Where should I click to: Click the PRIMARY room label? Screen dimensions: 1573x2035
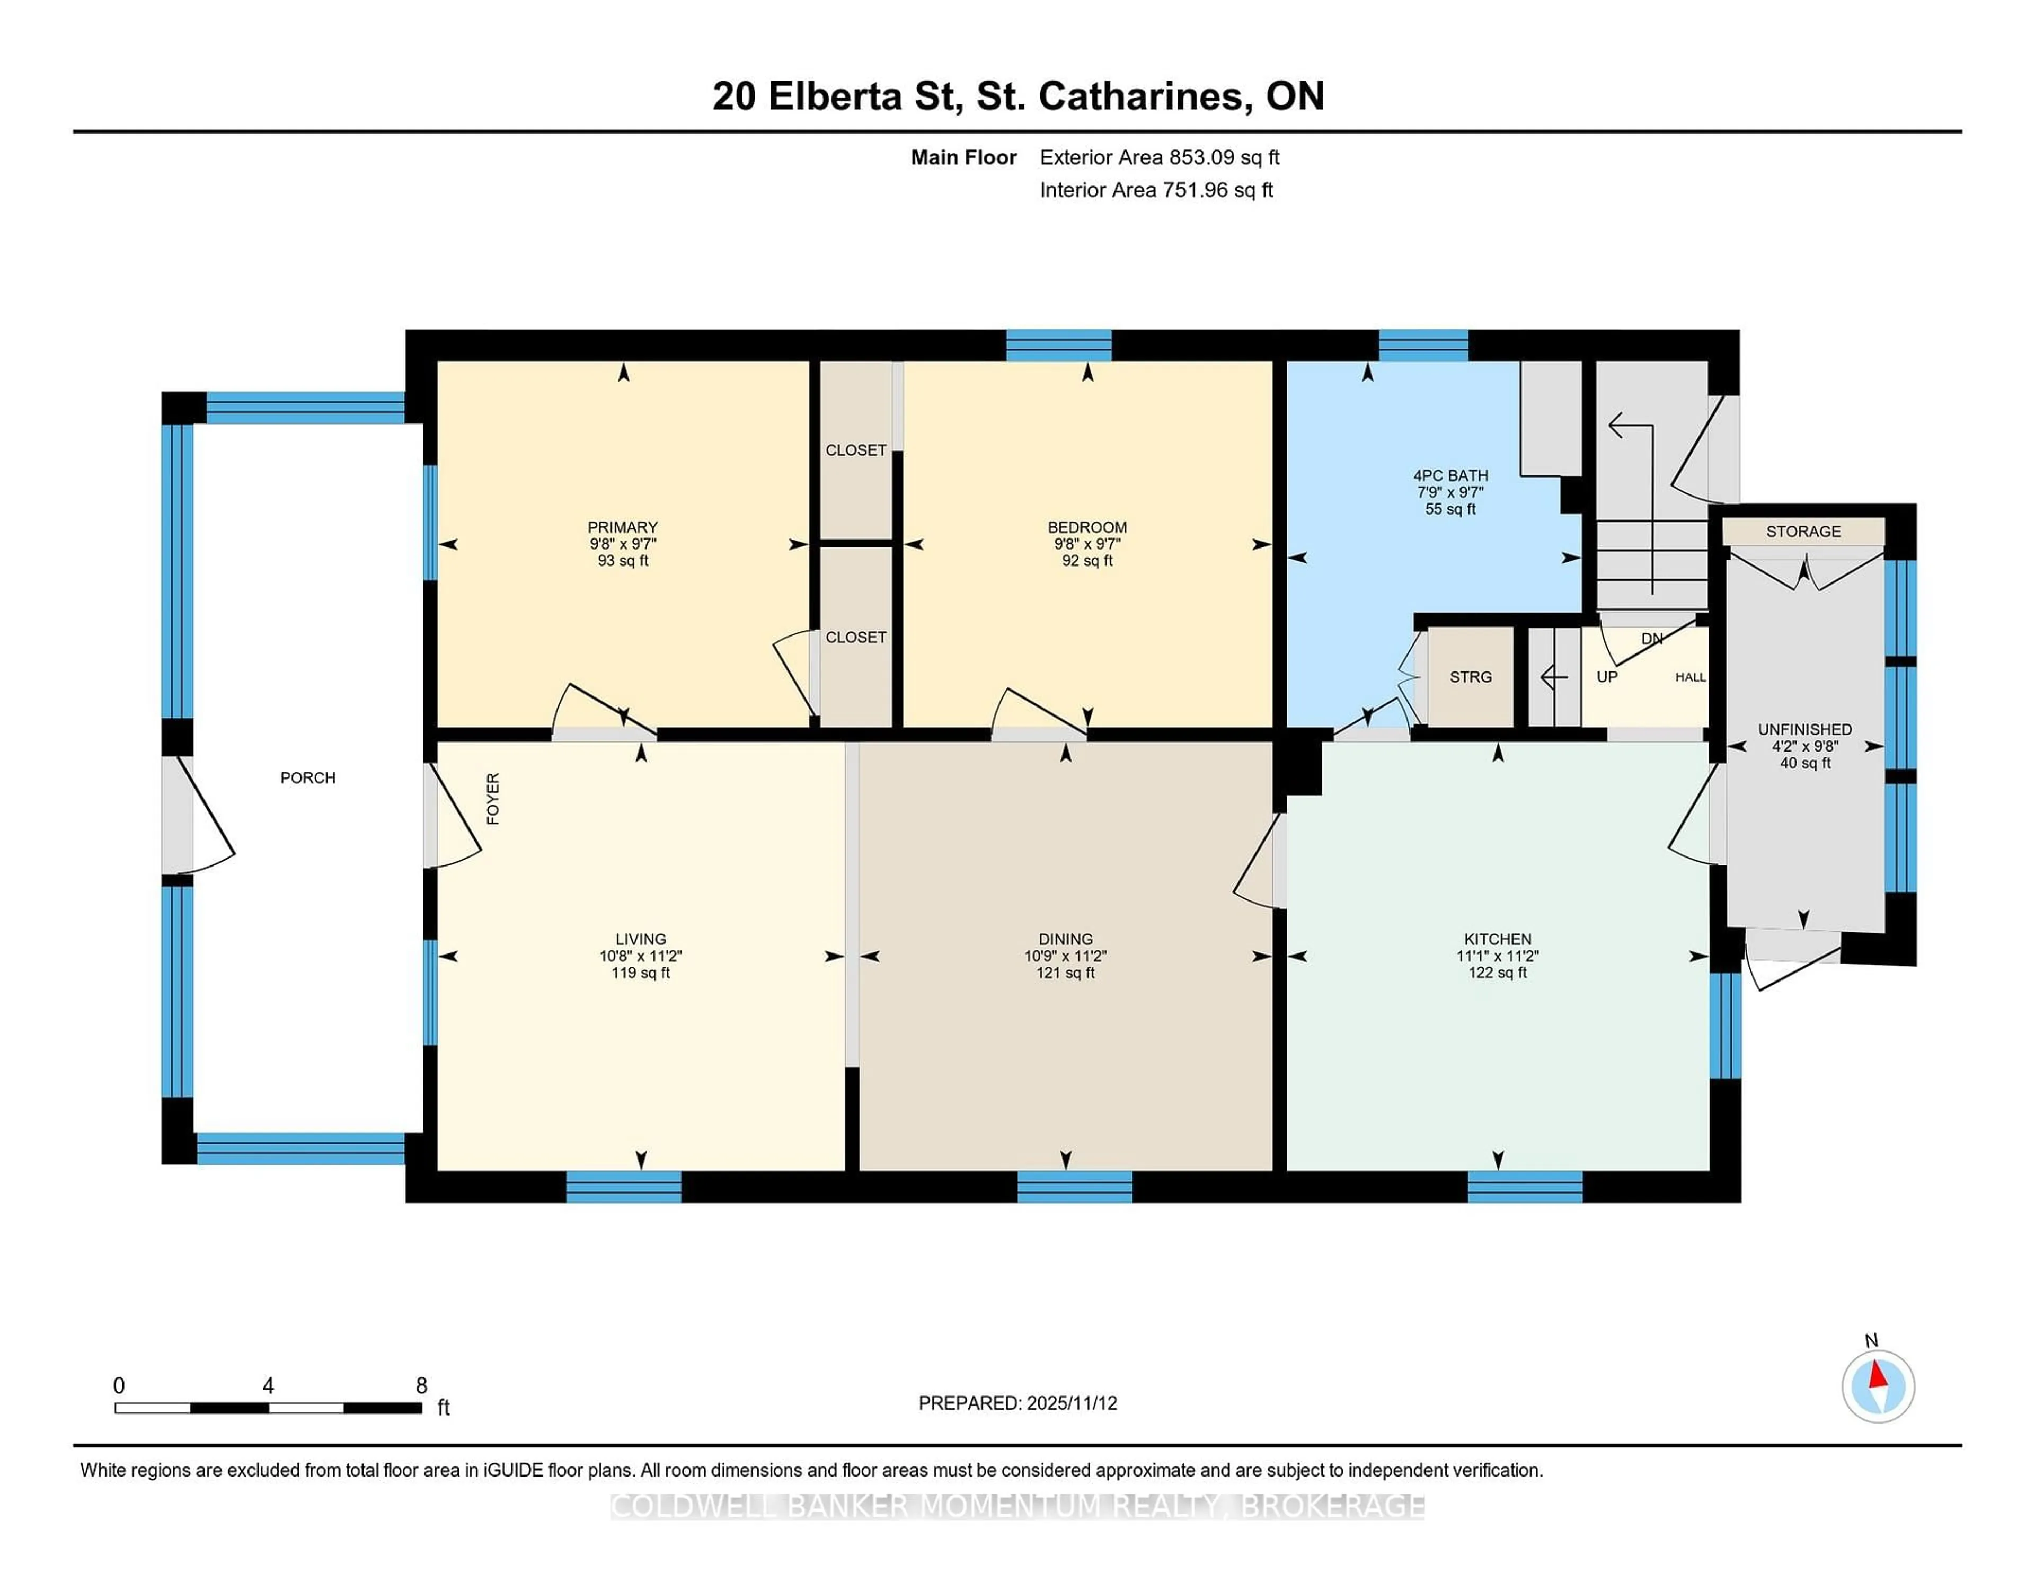tap(623, 526)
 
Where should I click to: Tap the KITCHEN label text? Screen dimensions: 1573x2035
tap(1497, 939)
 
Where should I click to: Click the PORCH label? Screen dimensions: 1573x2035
tap(307, 777)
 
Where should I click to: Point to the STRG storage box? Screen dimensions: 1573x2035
tap(1471, 677)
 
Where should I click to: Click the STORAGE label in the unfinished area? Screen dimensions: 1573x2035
tap(1803, 531)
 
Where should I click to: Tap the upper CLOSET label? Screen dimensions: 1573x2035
tap(855, 450)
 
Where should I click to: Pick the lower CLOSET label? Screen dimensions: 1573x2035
tap(855, 637)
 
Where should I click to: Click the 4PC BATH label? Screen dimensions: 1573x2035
tap(1450, 475)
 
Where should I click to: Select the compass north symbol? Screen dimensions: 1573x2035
tap(1878, 1386)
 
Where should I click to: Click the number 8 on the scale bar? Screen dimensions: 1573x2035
tap(421, 1386)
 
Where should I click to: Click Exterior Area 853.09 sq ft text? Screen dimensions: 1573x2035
tap(1159, 157)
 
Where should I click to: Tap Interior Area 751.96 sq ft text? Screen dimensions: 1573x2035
tap(1155, 190)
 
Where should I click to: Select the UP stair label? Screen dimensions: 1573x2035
tap(1606, 677)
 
